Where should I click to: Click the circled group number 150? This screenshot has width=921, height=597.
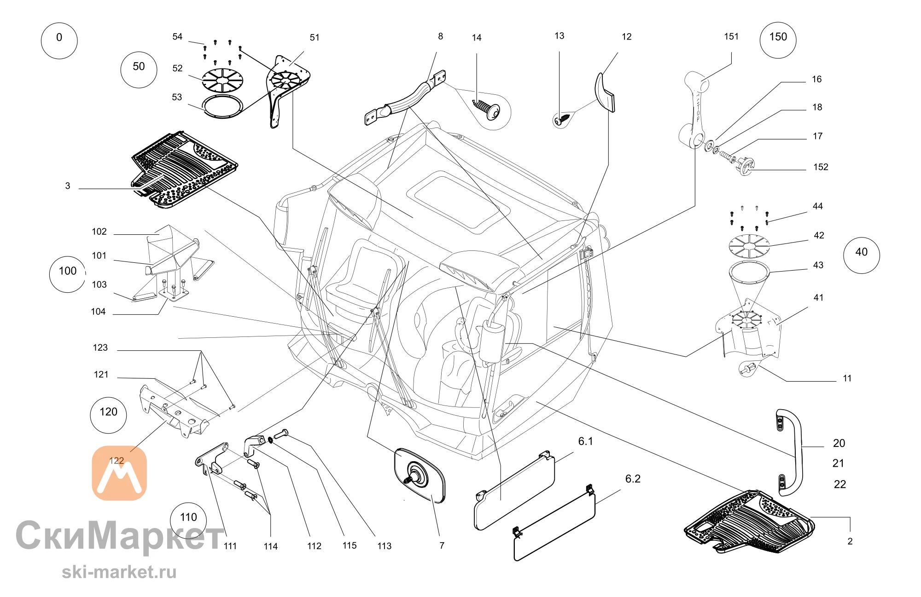click(778, 40)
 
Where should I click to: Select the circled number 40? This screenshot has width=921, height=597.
click(861, 255)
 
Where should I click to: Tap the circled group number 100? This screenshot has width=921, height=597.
click(68, 274)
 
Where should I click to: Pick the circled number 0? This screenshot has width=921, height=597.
click(59, 41)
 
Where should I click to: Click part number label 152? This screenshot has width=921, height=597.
click(821, 167)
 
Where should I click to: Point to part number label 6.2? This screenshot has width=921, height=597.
click(633, 479)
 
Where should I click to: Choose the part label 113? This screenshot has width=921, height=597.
click(385, 546)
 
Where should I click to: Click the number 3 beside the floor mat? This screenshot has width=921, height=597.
click(68, 186)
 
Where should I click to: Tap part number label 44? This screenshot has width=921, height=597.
click(818, 206)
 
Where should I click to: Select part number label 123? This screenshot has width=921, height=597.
click(100, 348)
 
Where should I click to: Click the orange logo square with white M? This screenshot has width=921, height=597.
click(119, 473)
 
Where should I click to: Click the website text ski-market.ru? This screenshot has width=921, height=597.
click(119, 572)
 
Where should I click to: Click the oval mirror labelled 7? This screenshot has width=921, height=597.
click(420, 475)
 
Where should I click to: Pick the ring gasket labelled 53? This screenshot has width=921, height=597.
click(223, 106)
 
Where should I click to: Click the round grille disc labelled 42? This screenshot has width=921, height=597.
click(749, 246)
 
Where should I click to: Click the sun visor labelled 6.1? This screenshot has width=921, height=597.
click(514, 490)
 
